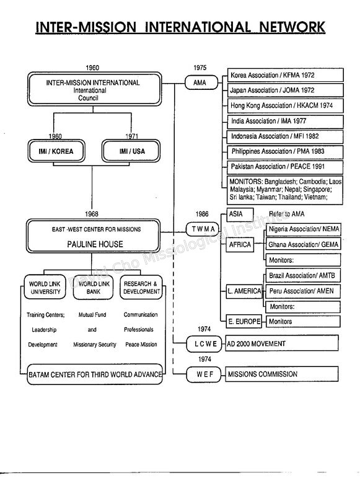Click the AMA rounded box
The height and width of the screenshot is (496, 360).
[201, 82]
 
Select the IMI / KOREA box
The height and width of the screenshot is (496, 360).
[56, 151]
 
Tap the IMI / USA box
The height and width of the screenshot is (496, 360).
[131, 151]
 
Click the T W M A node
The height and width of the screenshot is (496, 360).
[202, 229]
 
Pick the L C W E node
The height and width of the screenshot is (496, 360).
[204, 344]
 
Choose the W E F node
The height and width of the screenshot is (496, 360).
[204, 374]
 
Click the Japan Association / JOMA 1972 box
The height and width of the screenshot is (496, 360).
[285, 90]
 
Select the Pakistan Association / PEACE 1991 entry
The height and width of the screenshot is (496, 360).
[285, 167]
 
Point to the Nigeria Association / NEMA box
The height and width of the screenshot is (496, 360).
[304, 229]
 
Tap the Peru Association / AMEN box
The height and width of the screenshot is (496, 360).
[303, 291]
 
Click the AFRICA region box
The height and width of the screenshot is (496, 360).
[240, 244]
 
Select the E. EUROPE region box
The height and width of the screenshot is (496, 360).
[244, 321]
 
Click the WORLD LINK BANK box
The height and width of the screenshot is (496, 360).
[93, 287]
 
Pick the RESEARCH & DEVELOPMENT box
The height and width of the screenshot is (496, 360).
[141, 287]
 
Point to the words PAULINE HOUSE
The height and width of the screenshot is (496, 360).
[95, 244]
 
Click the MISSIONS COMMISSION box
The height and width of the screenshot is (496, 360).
[281, 374]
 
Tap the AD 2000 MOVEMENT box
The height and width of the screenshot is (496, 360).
[281, 343]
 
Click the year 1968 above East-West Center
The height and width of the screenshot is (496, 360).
[91, 214]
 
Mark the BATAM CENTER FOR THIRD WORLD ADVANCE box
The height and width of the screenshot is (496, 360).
[95, 374]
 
